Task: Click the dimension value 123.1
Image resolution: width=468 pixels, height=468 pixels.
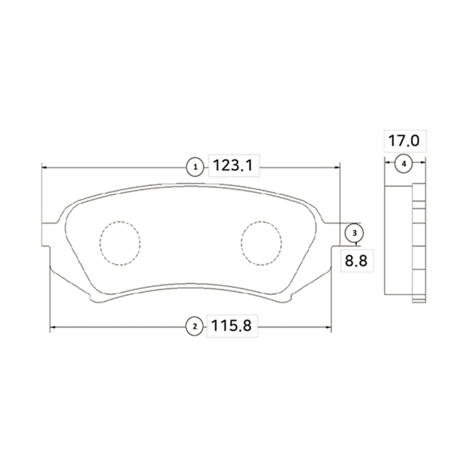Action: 233,166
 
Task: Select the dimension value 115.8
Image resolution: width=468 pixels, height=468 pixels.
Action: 231,326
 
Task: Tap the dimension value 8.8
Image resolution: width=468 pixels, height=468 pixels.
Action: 356,261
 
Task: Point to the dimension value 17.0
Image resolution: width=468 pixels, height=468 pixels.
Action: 404,141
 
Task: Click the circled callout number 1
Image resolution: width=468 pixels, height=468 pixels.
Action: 195,167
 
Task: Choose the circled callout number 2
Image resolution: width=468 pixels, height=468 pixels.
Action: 194,327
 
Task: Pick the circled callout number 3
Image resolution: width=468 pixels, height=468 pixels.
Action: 355,233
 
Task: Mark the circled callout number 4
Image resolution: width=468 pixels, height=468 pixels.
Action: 404,164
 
